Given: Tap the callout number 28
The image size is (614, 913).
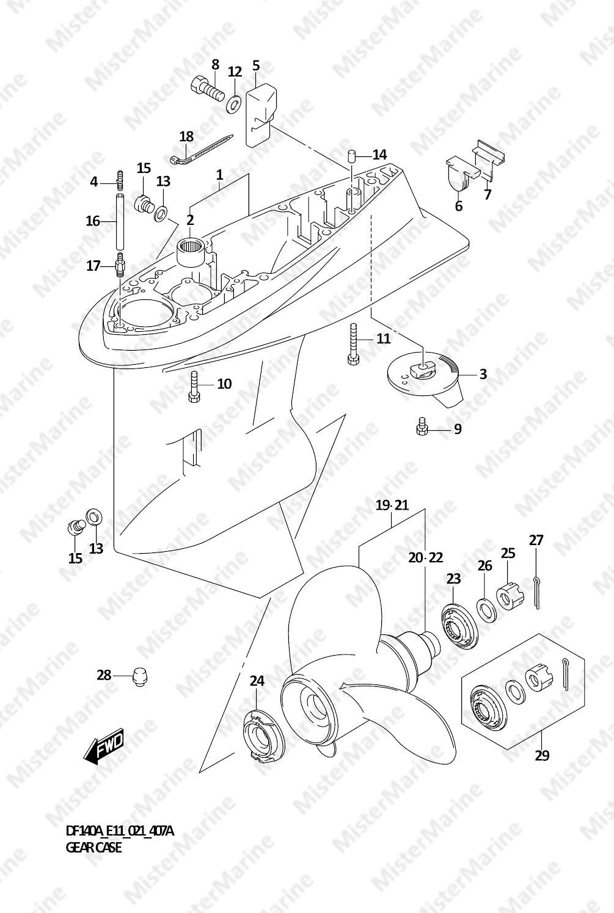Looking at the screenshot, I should [104, 675].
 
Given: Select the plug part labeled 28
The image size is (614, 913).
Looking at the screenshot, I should [140, 676].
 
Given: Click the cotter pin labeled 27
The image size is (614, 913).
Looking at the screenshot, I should [536, 592].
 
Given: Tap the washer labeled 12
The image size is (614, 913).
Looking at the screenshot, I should [233, 104].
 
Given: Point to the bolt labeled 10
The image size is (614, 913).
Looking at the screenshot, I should [194, 386].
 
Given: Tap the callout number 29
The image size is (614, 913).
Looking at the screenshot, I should [542, 755].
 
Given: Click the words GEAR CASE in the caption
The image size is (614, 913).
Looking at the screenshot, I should [93, 848].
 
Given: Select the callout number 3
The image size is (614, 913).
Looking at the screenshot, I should [483, 374].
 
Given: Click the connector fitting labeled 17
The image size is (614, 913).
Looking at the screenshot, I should [120, 265].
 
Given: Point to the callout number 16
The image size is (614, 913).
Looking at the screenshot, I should [92, 221].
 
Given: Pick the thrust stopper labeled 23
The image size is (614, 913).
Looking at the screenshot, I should [458, 625].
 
